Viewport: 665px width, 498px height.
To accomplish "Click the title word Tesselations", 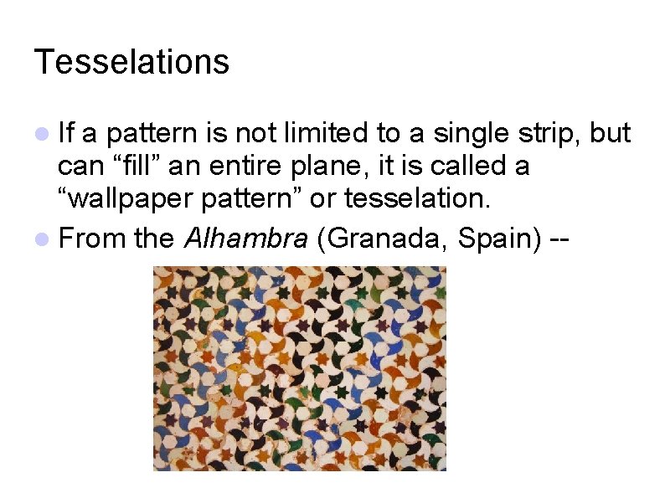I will [x=131, y=62].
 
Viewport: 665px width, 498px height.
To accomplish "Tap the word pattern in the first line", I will [x=155, y=134].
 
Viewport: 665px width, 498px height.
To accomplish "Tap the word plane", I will [x=335, y=166].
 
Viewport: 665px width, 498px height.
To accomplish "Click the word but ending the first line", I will [x=611, y=133].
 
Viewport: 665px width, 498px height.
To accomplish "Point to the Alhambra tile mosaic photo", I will [x=299, y=368].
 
